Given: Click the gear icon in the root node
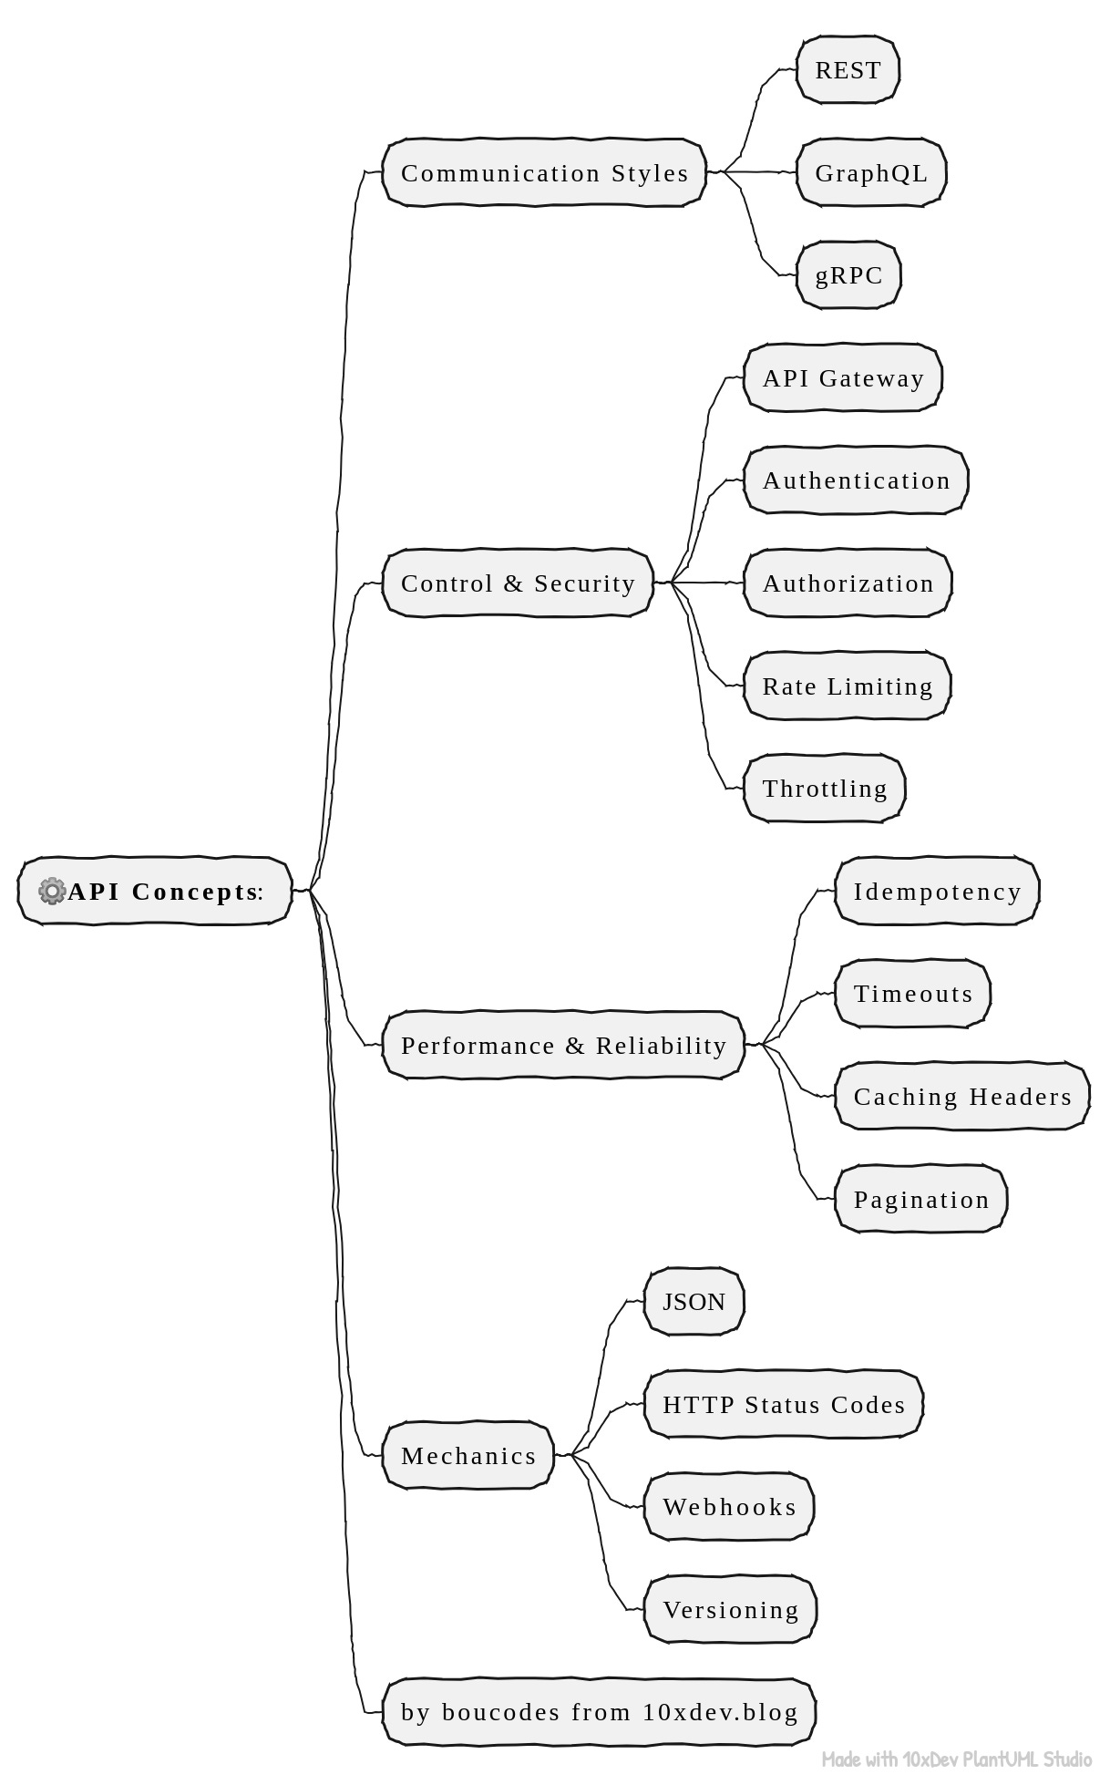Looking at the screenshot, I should [x=52, y=891].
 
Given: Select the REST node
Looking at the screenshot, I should [x=848, y=70].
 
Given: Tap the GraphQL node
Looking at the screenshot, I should [x=871, y=172].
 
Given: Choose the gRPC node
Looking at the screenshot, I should [x=848, y=275].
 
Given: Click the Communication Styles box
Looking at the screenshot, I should [x=544, y=172].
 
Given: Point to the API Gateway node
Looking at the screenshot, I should [x=843, y=377].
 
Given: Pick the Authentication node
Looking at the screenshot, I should [x=856, y=480].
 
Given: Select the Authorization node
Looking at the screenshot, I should [x=848, y=583].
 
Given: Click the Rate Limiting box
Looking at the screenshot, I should [x=848, y=686].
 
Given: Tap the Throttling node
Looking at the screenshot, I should [x=825, y=789].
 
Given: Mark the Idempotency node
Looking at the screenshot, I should [x=937, y=891].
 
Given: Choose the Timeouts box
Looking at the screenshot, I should [x=913, y=994].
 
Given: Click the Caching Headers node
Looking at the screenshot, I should [x=962, y=1096].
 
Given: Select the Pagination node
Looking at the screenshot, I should [x=921, y=1199].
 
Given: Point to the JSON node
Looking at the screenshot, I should [x=694, y=1301].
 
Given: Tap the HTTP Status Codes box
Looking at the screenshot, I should [x=784, y=1404].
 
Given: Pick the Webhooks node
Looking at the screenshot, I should [x=729, y=1506].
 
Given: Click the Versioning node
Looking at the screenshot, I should [x=730, y=1609].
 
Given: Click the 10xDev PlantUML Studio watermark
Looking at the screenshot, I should [x=956, y=1759].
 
